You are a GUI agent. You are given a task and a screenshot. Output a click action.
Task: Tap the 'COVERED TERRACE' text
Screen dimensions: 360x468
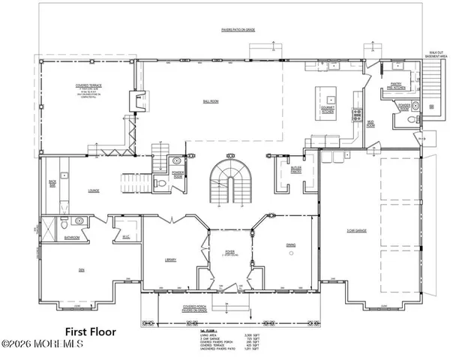[x=76, y=85]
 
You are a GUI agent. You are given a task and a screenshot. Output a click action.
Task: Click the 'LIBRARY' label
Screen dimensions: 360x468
[x=170, y=259]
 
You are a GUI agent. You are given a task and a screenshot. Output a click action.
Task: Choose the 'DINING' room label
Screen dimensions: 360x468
[x=290, y=244]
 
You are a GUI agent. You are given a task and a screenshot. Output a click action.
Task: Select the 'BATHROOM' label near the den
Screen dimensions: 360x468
[x=71, y=238]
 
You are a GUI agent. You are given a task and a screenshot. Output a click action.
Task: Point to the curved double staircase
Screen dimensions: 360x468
[x=226, y=180]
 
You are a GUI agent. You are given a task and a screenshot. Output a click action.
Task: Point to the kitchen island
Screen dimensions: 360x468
[x=327, y=97]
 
